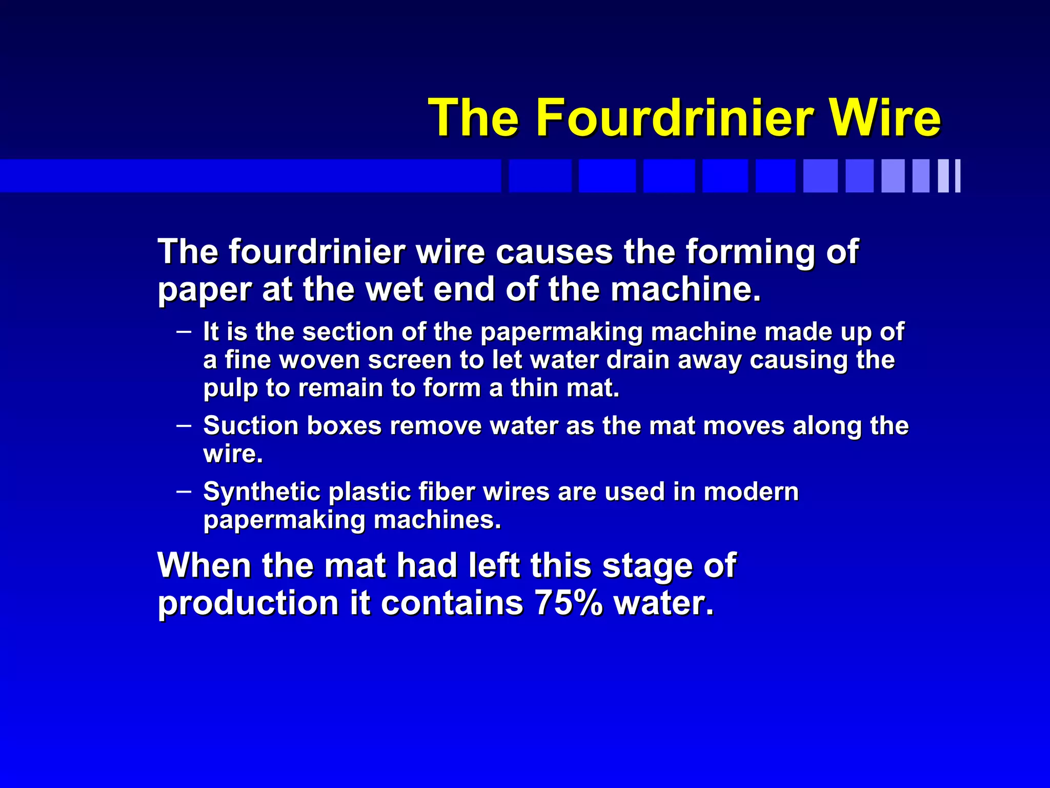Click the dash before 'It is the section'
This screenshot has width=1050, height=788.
[184, 331]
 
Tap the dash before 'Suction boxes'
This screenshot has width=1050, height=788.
[184, 425]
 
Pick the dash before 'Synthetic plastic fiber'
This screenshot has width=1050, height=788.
[184, 491]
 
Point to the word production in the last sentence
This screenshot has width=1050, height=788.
[248, 603]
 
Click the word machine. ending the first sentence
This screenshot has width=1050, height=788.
[685, 289]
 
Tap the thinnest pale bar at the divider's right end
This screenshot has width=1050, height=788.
[957, 176]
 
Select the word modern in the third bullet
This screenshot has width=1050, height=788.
[751, 491]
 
